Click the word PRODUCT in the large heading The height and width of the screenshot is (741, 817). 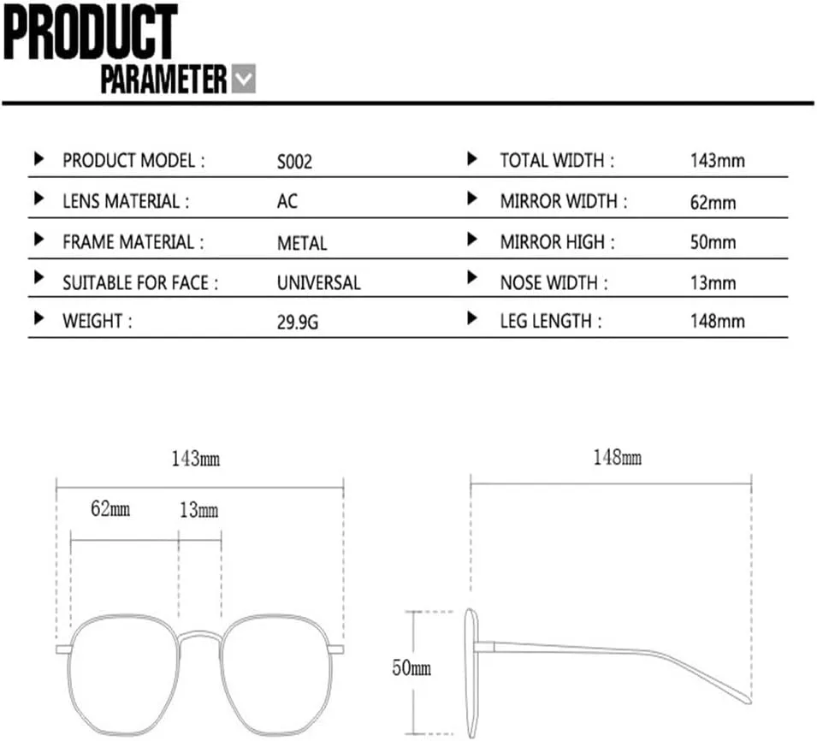point(90,32)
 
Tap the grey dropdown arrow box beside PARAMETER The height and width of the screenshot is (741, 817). point(243,79)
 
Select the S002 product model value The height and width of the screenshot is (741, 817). point(294,162)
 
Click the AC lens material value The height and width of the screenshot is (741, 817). point(287,202)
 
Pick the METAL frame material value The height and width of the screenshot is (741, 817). point(302,243)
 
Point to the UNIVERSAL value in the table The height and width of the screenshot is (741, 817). point(319,282)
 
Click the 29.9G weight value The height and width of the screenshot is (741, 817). point(298,322)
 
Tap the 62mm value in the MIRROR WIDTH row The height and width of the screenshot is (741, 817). point(713,202)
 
